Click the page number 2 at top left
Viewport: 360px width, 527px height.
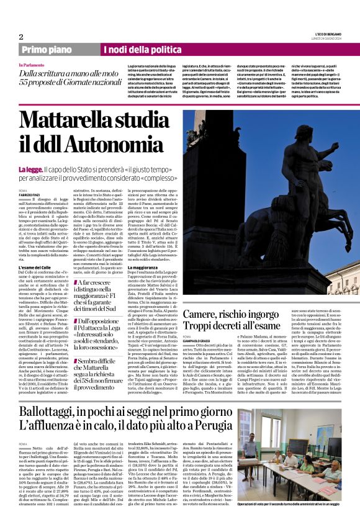point(21,37)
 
